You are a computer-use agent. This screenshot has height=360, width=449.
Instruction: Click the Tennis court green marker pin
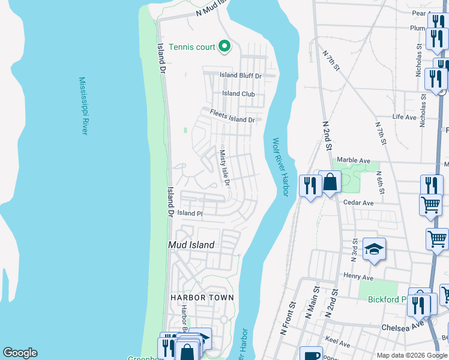(224, 46)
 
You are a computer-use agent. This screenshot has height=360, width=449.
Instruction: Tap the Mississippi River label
(83, 106)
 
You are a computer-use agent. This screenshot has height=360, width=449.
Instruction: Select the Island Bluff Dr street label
(241, 76)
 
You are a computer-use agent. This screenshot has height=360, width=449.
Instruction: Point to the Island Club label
(239, 94)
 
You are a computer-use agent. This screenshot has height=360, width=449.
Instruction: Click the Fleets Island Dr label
(232, 116)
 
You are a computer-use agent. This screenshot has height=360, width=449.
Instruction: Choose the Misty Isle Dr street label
(225, 167)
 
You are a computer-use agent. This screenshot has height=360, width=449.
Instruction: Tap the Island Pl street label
(190, 213)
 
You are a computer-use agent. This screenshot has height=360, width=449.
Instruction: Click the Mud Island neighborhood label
(191, 245)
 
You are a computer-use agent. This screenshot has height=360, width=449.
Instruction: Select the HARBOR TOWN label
(202, 298)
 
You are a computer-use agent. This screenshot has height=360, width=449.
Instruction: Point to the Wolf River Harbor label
(281, 167)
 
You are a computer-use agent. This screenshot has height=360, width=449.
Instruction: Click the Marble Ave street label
(354, 160)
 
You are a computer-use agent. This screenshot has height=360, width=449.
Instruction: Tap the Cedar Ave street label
(358, 203)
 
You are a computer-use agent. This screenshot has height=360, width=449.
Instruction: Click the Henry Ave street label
(359, 277)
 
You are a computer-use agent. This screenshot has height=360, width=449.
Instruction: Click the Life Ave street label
(404, 117)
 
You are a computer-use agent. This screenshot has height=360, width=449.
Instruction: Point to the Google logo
(20, 353)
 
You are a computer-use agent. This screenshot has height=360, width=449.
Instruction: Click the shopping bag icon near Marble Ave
(330, 182)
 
